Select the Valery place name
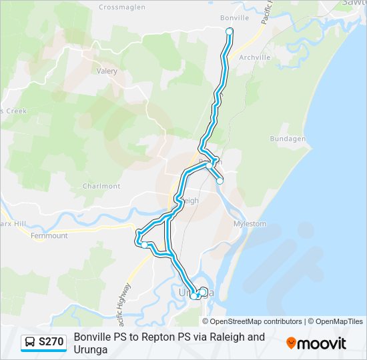(x=107, y=71)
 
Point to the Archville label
(x=254, y=57)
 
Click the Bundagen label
(x=288, y=139)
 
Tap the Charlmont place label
(x=101, y=186)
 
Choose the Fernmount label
(x=49, y=235)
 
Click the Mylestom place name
(x=250, y=224)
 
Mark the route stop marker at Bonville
(x=230, y=31)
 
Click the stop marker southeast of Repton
(x=220, y=181)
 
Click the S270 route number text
(x=51, y=343)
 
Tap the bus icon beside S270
(x=31, y=343)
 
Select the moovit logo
(x=316, y=343)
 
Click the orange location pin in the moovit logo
(x=292, y=343)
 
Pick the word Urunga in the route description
(x=91, y=349)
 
